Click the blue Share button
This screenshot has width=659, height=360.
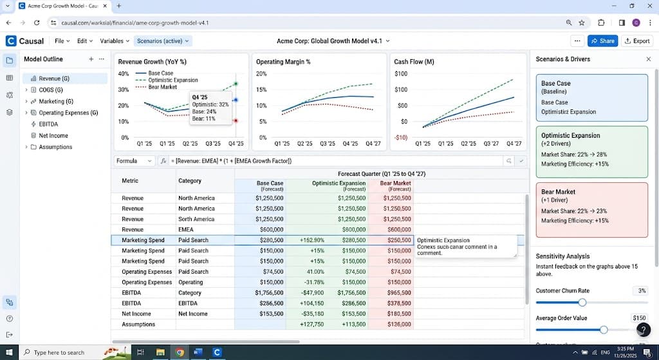[602, 41]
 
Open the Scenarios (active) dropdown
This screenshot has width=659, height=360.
[163, 41]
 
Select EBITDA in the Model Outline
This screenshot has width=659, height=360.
[48, 124]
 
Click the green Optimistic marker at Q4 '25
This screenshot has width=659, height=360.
[236, 84]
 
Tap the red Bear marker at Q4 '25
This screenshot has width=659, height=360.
[236, 120]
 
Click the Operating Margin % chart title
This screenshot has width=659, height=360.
[283, 61]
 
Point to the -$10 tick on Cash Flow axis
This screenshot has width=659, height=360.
[401, 138]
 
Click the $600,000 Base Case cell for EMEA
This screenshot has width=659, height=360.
[272, 230]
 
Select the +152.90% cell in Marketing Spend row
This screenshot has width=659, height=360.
[312, 240]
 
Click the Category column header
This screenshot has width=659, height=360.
[190, 181]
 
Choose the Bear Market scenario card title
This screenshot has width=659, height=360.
[558, 192]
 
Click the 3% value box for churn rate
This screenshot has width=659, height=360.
[640, 290]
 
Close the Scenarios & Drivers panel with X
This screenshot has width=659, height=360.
[649, 59]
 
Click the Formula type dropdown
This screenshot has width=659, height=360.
[134, 160]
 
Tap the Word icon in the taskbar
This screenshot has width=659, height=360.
[198, 352]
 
